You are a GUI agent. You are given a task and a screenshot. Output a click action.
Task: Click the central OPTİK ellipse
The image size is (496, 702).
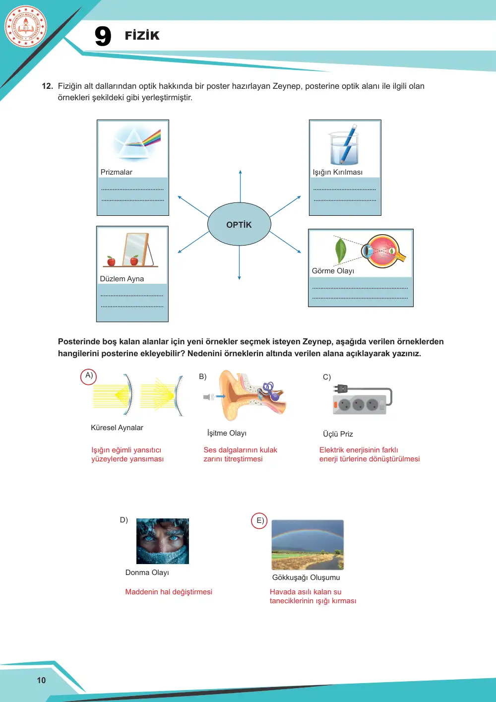coord(239,224)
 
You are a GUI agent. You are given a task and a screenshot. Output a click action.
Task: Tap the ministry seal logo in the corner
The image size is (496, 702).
coord(26,27)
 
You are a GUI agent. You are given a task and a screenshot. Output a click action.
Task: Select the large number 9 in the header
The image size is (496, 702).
coord(103,36)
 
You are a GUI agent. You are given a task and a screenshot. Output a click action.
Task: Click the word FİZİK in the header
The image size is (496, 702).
coord(142,35)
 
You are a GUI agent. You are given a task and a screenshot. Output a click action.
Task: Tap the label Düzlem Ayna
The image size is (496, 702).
coord(122,279)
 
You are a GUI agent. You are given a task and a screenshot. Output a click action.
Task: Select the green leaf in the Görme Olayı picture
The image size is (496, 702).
coord(340,251)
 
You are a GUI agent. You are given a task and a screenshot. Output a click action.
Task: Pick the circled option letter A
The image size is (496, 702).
coord(89,377)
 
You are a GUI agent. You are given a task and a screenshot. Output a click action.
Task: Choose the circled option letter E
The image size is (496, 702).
coord(259,520)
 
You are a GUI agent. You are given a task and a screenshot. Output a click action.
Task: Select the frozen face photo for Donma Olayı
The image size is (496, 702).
coord(163,541)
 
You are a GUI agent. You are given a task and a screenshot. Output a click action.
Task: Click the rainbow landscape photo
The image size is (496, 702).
coord(308,545)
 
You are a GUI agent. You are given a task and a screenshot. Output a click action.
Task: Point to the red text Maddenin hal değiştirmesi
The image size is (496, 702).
coord(169,592)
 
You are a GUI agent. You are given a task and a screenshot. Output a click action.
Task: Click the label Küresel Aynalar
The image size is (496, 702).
coord(117,428)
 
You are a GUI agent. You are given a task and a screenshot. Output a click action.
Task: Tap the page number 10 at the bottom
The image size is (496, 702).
coord(41,680)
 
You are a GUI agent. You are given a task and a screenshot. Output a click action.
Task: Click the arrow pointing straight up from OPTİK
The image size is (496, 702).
coord(241,186)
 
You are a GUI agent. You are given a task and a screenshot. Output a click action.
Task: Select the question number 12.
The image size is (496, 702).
coord(47,86)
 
